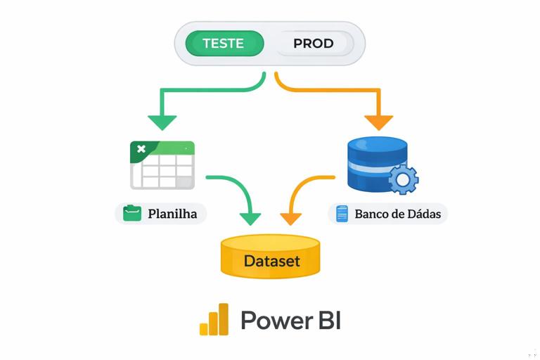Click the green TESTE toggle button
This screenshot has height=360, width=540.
click(x=224, y=44)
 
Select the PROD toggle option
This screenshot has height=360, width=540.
click(x=313, y=44)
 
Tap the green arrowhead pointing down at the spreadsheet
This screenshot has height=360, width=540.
click(x=162, y=122)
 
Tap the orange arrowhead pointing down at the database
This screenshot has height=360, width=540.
click(x=378, y=122)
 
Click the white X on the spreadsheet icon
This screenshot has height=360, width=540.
click(x=141, y=149)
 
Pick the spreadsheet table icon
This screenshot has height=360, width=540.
click(x=162, y=165)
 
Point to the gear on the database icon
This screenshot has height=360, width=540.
click(x=403, y=179)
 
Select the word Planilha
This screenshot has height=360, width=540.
click(x=172, y=213)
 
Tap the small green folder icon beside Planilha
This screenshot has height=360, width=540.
click(x=132, y=213)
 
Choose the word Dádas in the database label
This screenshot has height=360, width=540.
click(x=425, y=213)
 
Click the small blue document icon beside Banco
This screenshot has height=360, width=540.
click(x=342, y=213)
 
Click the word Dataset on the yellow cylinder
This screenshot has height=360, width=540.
click(x=271, y=261)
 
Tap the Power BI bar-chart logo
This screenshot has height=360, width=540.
click(x=214, y=320)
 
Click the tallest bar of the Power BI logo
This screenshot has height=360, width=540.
click(x=223, y=319)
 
